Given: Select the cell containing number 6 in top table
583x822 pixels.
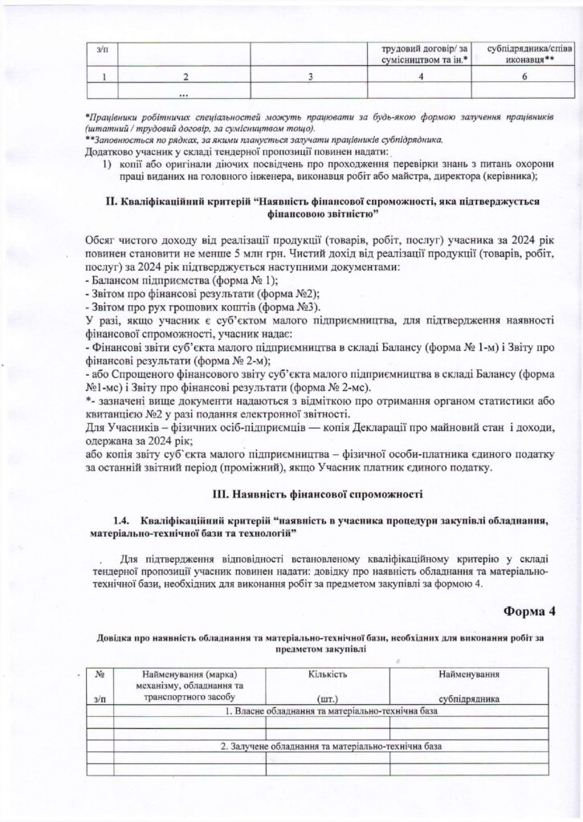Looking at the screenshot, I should point(523,76).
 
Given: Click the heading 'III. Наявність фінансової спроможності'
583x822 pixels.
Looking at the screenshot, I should point(316,491).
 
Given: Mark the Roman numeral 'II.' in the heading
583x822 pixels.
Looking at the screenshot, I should point(112,201).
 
